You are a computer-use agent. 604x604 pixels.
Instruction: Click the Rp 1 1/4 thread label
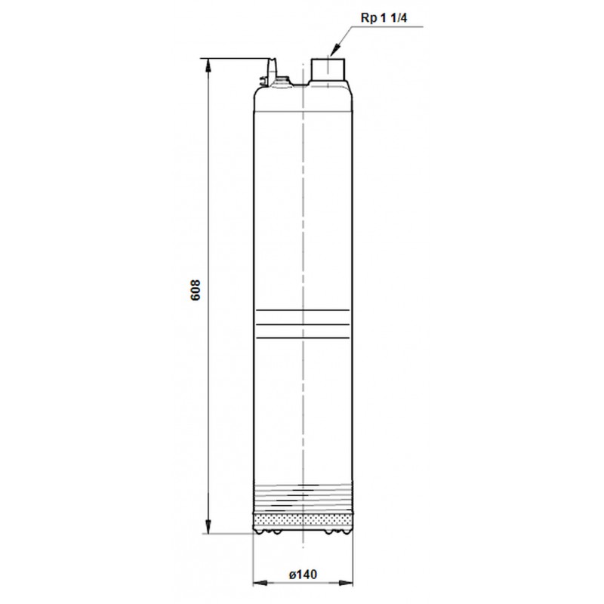point(384,18)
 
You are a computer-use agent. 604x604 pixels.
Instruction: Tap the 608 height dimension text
point(196,290)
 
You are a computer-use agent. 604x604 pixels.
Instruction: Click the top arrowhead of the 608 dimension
point(208,66)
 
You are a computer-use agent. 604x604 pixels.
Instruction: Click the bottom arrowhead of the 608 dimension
point(208,527)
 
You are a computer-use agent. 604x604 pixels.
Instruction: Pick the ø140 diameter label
point(303,575)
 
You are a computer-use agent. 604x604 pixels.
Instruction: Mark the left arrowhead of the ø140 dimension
point(260,583)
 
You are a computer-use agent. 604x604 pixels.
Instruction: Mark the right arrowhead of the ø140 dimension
point(346,583)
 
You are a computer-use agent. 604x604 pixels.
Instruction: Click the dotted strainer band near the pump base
point(303,520)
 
